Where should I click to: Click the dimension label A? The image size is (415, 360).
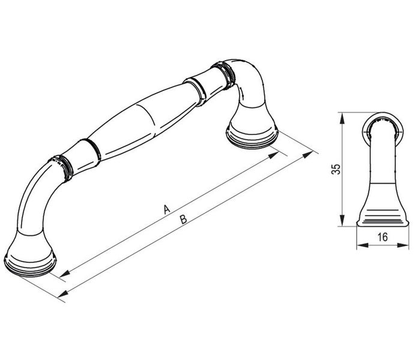click(166, 209)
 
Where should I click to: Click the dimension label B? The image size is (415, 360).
click(183, 220)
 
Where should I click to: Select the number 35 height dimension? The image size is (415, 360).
click(336, 169)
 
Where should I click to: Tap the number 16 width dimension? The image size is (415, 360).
click(383, 237)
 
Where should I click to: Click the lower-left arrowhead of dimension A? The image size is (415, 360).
click(65, 274)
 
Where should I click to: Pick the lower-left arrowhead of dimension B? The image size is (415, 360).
click(63, 293)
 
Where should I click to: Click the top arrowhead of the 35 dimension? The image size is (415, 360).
click(342, 118)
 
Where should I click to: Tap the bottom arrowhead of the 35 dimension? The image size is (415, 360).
click(342, 221)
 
